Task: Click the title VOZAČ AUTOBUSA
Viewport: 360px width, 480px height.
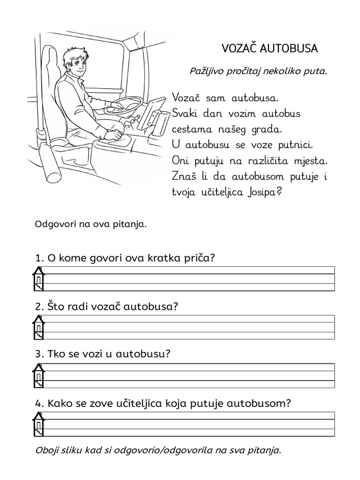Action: coord(270,48)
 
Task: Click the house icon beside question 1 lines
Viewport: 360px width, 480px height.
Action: coord(38,278)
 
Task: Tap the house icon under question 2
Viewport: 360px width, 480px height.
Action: coord(38,327)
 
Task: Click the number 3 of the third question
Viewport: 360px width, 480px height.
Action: coord(37,354)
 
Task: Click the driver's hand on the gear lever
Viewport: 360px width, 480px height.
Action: coord(112,135)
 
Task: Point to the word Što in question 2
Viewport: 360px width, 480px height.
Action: coord(54,307)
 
